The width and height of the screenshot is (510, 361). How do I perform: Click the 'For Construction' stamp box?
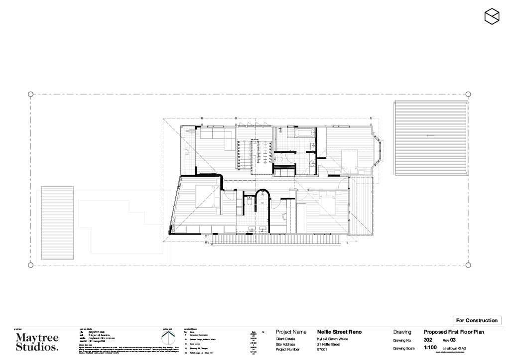pyautogui.click(x=477, y=320)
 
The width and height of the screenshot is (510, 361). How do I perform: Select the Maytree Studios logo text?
pyautogui.click(x=37, y=343)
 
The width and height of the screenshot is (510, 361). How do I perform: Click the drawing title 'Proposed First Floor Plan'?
pyautogui.click(x=454, y=332)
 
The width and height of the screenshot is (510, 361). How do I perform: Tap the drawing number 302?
pyautogui.click(x=428, y=340)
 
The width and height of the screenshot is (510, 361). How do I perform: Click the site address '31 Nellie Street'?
pyautogui.click(x=328, y=344)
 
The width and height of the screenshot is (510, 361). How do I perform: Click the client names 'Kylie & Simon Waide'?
pyautogui.click(x=332, y=339)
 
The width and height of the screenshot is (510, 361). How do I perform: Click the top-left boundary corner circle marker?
pyautogui.click(x=30, y=94)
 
